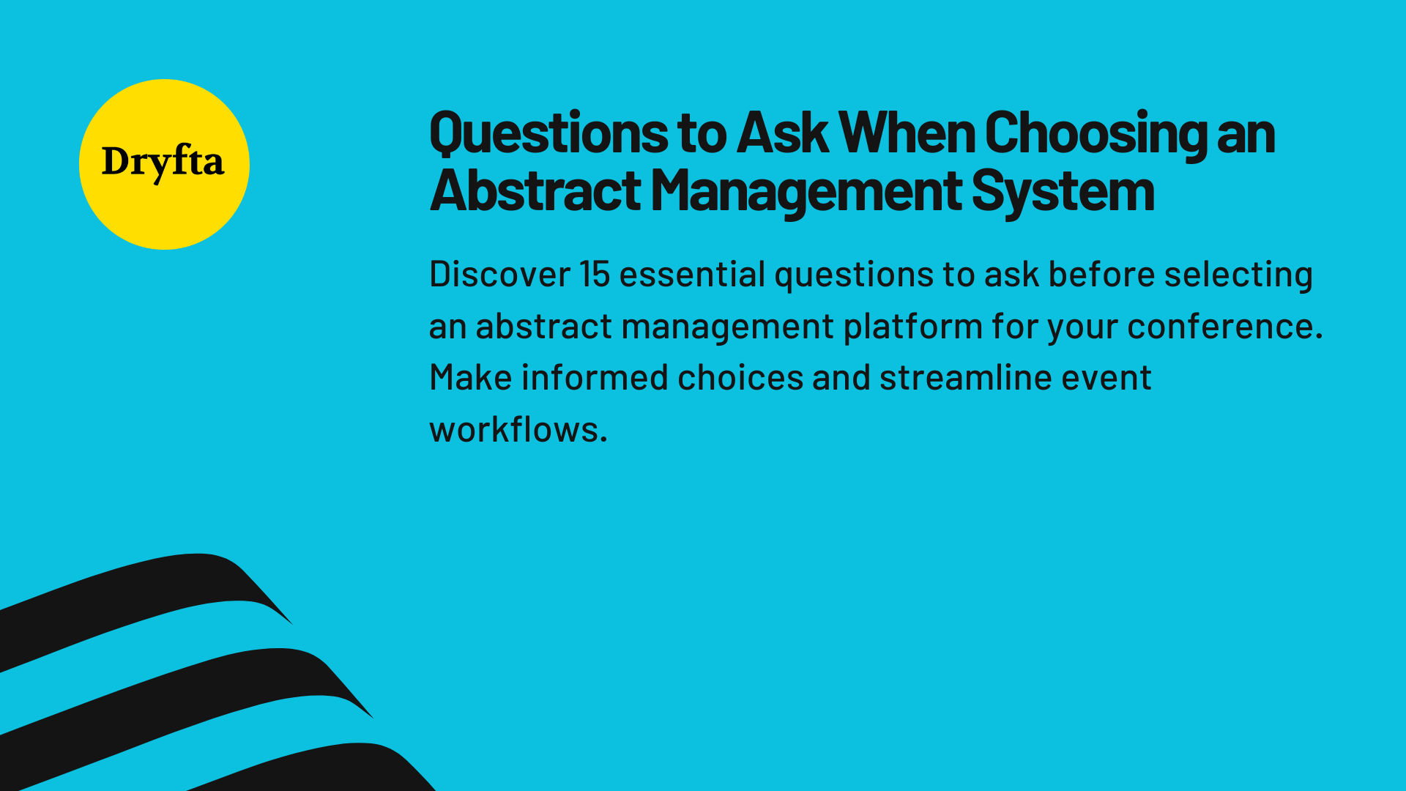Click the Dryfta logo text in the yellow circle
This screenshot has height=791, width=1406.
[x=163, y=162]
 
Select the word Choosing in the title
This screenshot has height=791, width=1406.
[x=1096, y=133]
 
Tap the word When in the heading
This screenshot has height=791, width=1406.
[x=907, y=133]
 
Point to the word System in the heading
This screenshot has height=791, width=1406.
[x=1063, y=192]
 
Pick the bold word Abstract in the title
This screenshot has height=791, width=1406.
[x=535, y=192]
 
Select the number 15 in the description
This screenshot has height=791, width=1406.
[x=595, y=275]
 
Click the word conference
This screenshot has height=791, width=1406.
[x=1224, y=327]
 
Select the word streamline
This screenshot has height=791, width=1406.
[x=965, y=378]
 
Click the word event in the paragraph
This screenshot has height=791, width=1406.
[x=1106, y=378]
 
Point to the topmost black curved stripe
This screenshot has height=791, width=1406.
[x=146, y=593]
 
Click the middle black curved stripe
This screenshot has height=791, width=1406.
[x=183, y=688]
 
